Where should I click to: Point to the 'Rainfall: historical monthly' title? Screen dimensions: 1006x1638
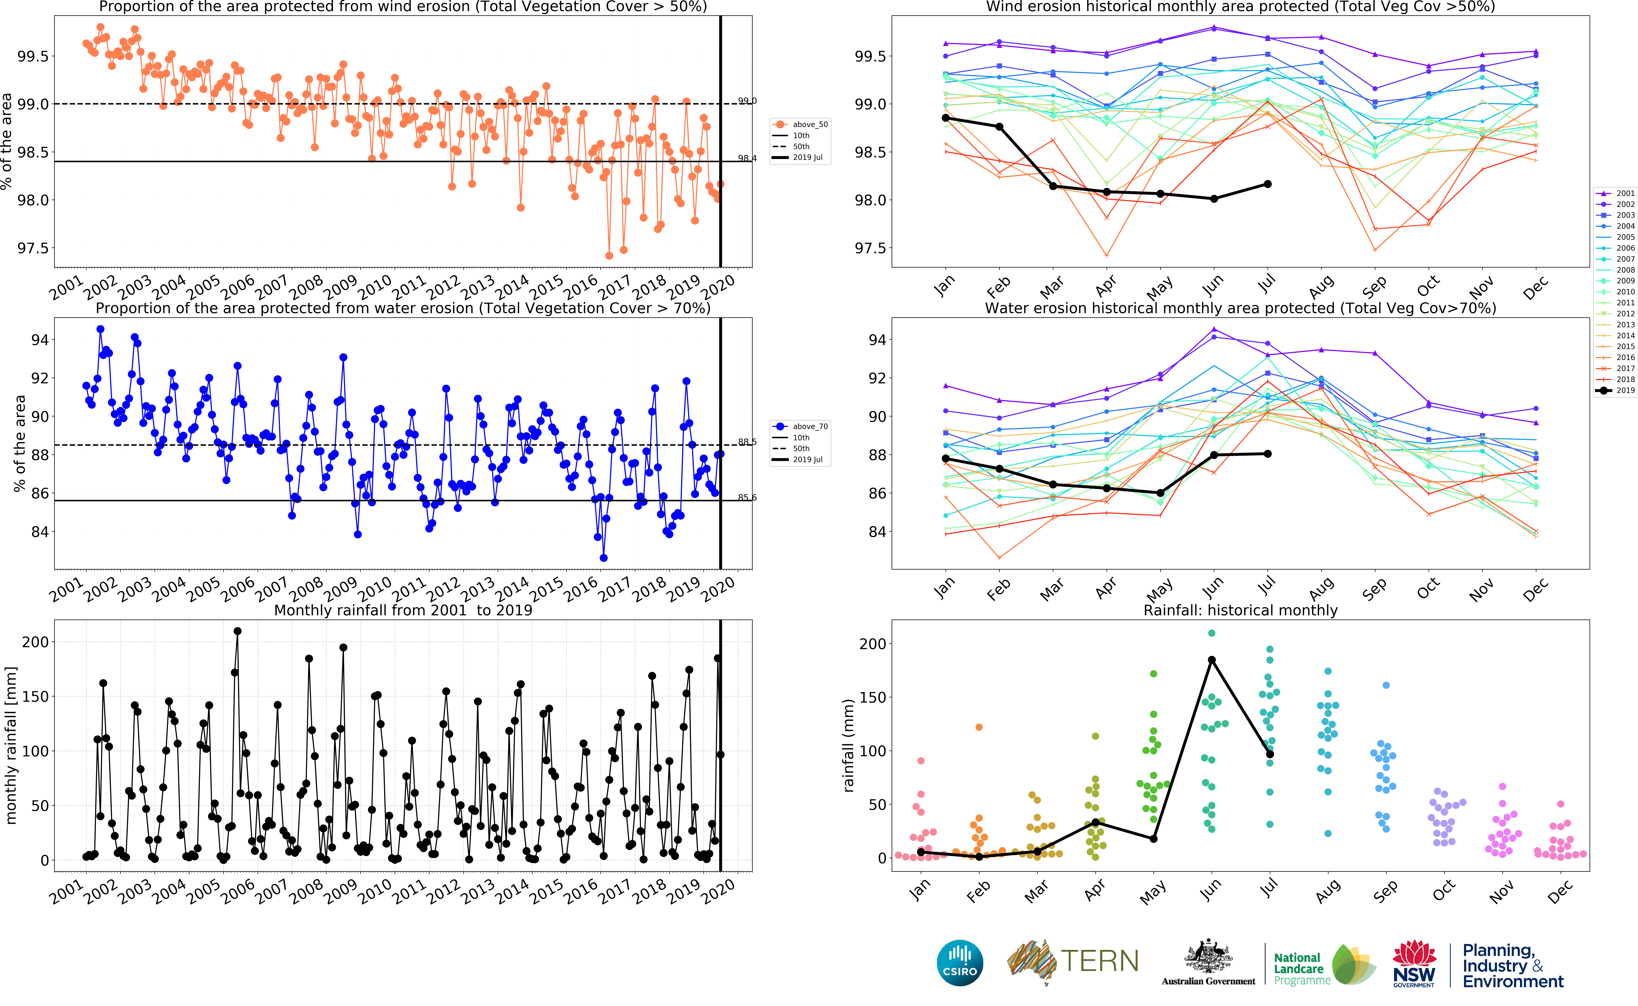(x=1240, y=610)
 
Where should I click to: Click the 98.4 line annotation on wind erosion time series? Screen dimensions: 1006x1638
(x=747, y=158)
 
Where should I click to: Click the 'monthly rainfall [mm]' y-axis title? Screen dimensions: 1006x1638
(x=11, y=745)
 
